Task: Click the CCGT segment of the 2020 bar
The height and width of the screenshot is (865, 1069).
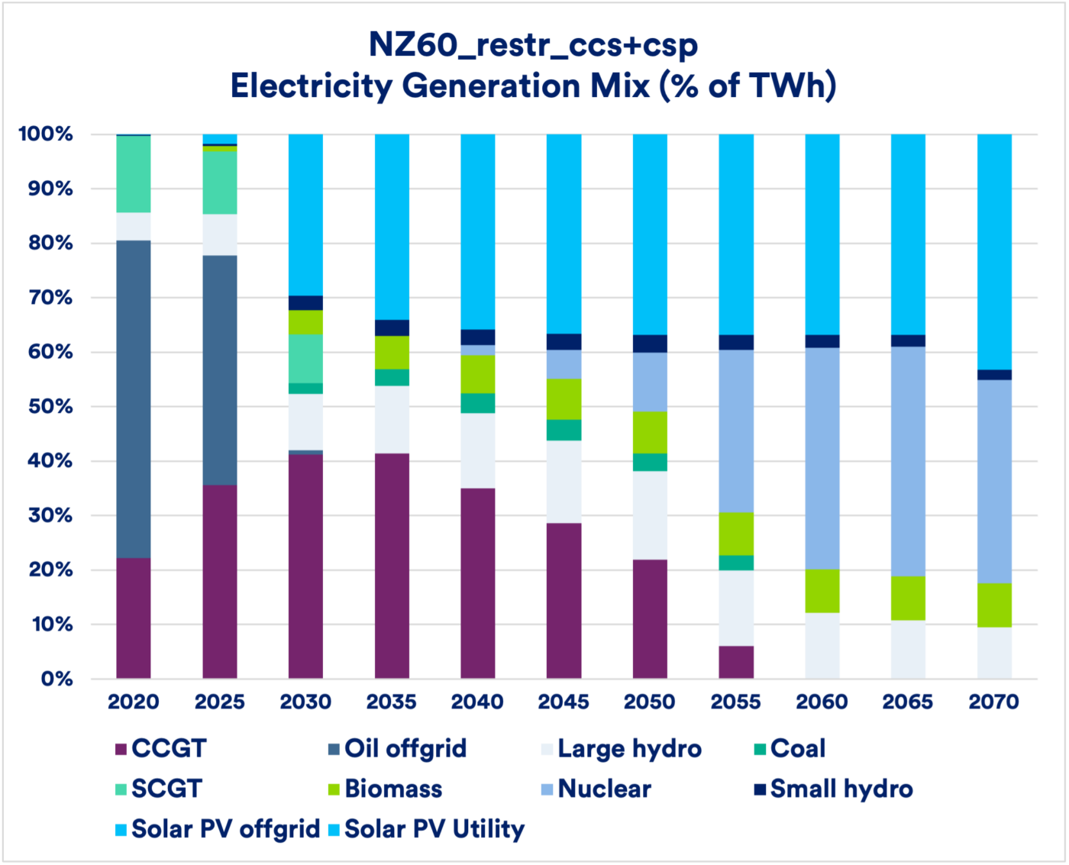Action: (134, 618)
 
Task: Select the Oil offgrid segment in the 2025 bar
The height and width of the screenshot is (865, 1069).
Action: (220, 370)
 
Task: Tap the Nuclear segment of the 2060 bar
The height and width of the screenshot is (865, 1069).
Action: (822, 458)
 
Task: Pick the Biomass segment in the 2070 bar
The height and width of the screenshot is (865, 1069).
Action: (994, 605)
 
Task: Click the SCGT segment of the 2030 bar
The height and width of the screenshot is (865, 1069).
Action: (305, 359)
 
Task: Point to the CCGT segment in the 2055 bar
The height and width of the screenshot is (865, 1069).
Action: (736, 662)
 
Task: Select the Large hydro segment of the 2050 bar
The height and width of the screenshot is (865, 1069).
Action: (650, 515)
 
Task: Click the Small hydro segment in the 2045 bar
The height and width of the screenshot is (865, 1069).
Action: (564, 342)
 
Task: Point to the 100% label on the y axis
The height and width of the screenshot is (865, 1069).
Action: (46, 134)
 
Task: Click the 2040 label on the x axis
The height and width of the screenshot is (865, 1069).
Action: (477, 702)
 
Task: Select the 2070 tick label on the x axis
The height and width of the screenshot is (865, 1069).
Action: (994, 702)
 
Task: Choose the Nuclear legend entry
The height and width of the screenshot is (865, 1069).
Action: (604, 789)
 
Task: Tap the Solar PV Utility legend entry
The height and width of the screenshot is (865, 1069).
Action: (434, 829)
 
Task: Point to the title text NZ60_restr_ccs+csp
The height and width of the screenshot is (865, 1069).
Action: (533, 45)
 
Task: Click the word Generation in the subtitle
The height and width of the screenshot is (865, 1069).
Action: (487, 86)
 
